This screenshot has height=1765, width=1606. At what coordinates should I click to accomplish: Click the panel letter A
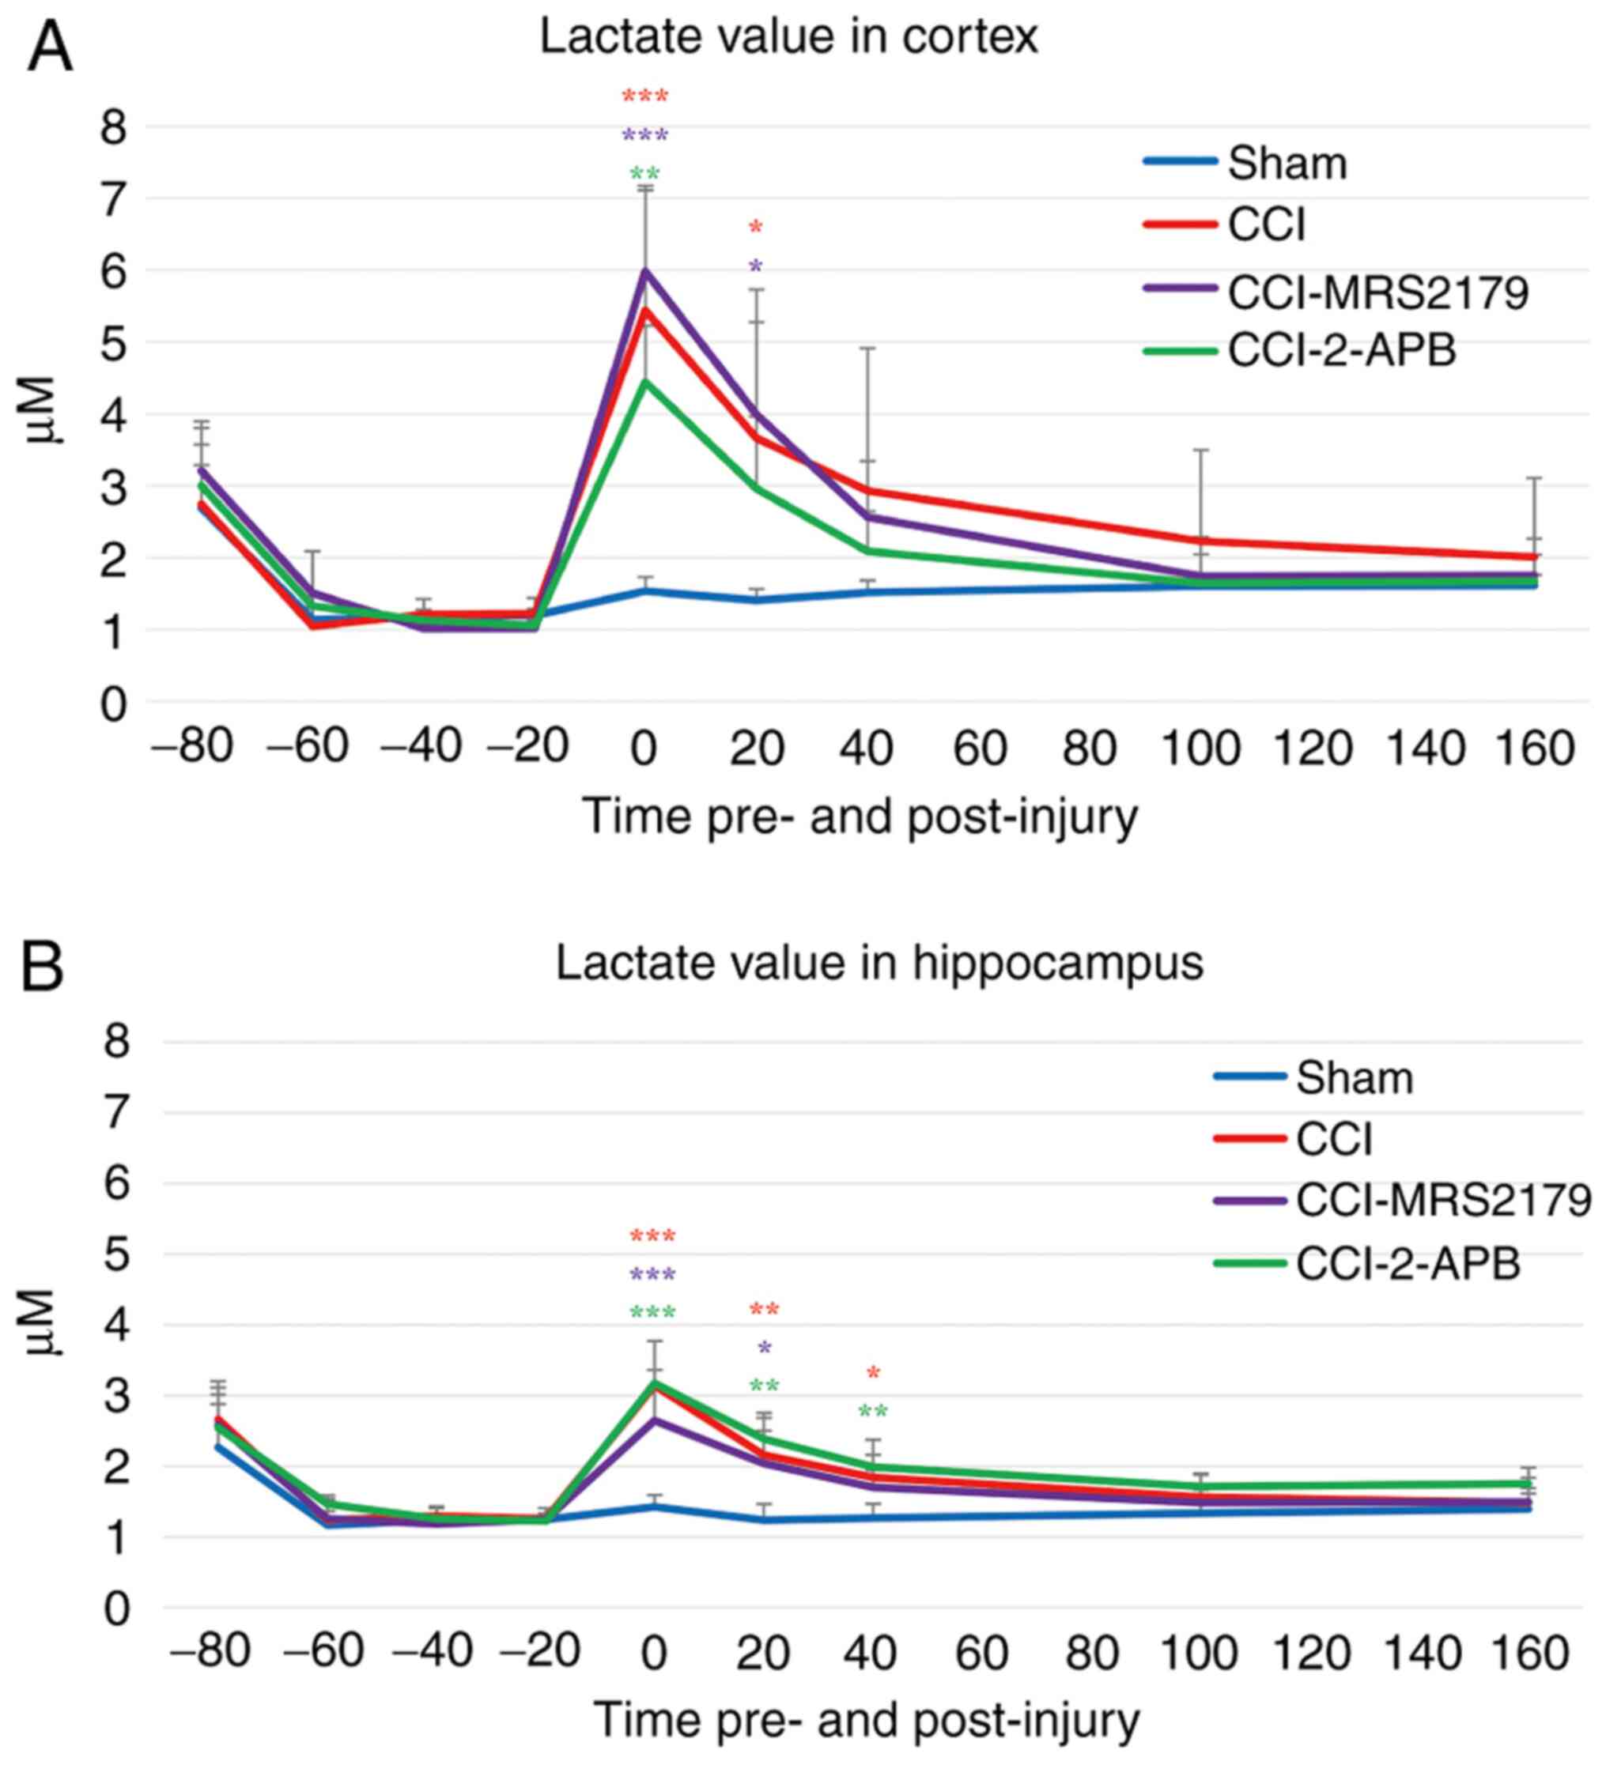[x=50, y=50]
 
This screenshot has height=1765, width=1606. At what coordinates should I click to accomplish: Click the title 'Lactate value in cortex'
[x=788, y=38]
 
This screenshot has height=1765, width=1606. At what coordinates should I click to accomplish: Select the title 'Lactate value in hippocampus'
[x=879, y=963]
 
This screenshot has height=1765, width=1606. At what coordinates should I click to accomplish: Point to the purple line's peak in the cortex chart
[x=645, y=271]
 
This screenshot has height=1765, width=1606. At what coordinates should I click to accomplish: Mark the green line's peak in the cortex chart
[x=645, y=381]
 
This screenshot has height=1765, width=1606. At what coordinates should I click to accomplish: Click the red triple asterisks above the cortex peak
[x=645, y=96]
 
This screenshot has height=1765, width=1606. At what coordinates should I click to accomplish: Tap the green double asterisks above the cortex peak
[x=645, y=173]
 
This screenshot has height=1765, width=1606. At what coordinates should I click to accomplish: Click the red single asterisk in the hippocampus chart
[x=872, y=1375]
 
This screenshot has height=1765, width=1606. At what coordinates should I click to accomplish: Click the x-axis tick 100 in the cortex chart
[x=1200, y=749]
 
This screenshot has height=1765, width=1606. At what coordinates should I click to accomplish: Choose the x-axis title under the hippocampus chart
[x=867, y=1721]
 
